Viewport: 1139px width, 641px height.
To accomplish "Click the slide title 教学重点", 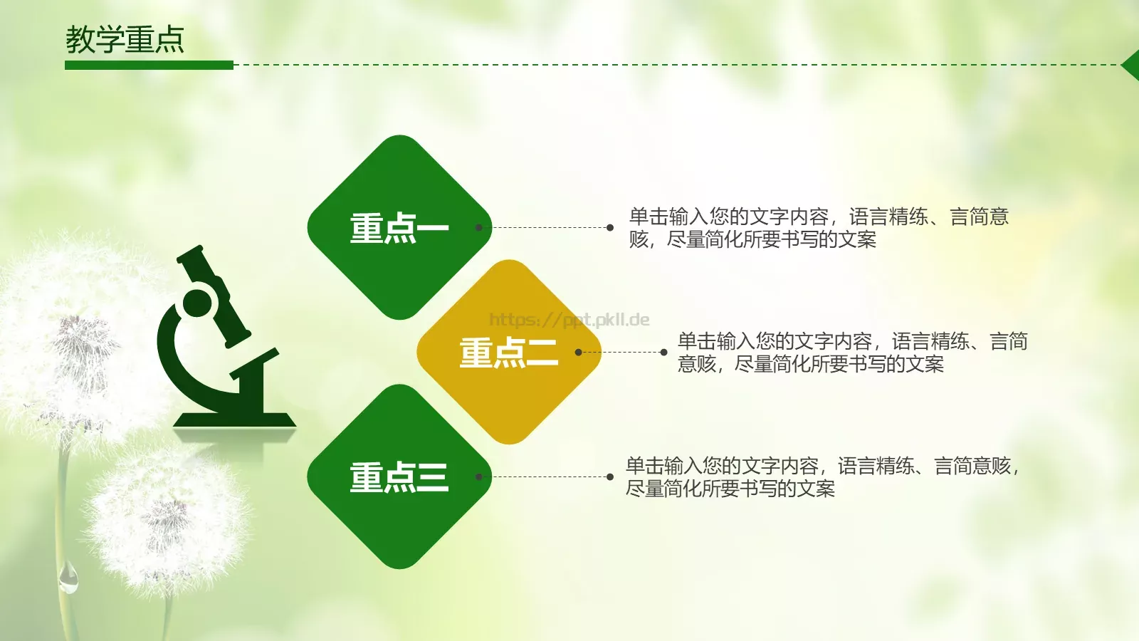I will click(125, 40).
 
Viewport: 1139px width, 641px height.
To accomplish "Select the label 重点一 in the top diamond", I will click(399, 229).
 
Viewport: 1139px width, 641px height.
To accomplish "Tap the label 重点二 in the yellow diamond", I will click(508, 353).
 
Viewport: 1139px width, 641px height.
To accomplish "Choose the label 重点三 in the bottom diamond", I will click(399, 478).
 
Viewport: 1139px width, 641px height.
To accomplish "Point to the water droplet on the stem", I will click(68, 578).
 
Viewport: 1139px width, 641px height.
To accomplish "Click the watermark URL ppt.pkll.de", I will click(569, 320).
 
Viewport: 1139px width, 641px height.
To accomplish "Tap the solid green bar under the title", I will click(149, 66).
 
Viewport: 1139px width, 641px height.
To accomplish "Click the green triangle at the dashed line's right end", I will click(1131, 66).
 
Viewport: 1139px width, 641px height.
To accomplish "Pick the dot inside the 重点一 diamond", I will click(479, 228).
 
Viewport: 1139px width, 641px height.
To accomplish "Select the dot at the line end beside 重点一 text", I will click(610, 228).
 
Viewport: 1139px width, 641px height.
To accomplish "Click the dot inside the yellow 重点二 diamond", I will click(578, 353).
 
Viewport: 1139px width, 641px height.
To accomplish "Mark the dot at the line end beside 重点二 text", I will click(663, 353).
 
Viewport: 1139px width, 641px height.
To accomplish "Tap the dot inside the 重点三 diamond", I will click(479, 477).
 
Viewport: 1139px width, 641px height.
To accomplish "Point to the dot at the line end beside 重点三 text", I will click(610, 477).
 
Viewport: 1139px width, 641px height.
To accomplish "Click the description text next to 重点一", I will click(819, 228).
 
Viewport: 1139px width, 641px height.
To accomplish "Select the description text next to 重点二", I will click(852, 353).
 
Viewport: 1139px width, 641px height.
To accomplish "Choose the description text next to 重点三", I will click(822, 477).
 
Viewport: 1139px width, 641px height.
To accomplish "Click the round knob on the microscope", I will click(197, 303).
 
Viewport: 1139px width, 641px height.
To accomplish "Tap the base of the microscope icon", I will click(234, 420).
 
